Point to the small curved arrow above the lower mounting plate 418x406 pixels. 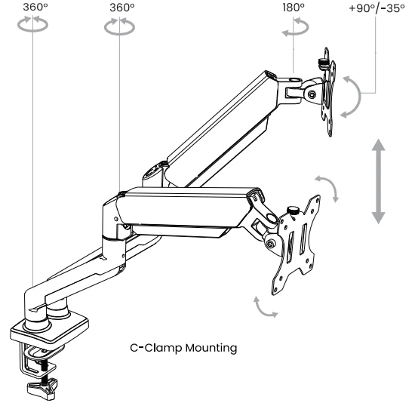click(x=327, y=187)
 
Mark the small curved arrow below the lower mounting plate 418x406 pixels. click(x=263, y=308)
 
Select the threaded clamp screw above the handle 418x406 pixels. click(x=45, y=370)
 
